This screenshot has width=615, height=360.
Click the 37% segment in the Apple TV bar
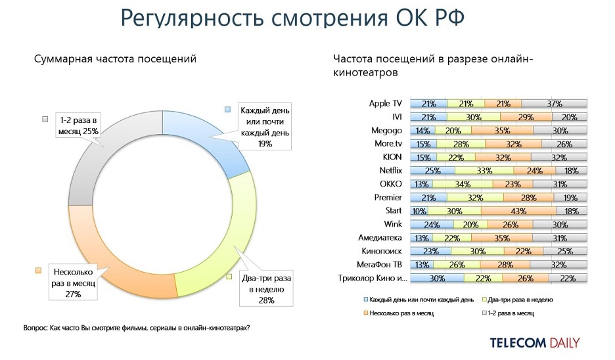coord(555,103)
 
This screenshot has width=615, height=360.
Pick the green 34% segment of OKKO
coord(463,185)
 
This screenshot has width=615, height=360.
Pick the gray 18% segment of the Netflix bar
coord(571,171)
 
